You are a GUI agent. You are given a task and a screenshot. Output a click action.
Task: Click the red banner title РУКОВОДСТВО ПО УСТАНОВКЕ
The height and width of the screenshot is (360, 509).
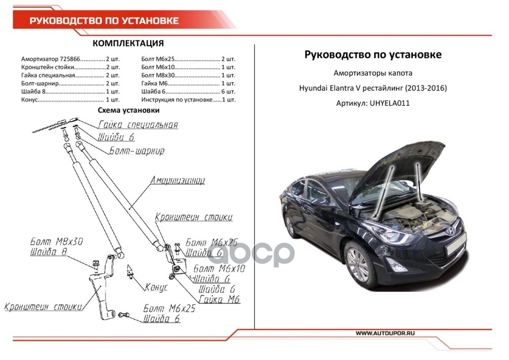pos(104,21)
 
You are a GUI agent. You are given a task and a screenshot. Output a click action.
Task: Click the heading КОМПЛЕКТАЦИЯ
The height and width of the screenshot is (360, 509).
pos(128,44)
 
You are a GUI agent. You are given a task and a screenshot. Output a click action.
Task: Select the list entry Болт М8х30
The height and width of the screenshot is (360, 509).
pos(157,75)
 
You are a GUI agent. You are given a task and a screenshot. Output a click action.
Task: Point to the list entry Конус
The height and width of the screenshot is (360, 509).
pos(29,99)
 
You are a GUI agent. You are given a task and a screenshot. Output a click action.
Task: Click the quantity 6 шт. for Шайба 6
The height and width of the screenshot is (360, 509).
pos(228,91)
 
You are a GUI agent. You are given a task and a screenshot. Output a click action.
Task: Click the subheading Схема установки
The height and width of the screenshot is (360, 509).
pos(129,110)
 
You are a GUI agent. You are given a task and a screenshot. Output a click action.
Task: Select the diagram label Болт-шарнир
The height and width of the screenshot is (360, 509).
pos(137,151)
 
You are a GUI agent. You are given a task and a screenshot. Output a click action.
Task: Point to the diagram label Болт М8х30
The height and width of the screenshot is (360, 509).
pos(57,241)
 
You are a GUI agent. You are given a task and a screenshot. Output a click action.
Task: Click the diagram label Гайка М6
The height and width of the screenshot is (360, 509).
pos(219,300)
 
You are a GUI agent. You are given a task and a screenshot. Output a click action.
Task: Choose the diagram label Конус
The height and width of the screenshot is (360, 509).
pos(156,287)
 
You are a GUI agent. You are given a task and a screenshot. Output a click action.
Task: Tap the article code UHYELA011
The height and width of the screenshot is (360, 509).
pos(389,103)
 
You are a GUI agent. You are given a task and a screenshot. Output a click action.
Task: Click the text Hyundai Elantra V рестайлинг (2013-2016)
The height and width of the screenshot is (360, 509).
pos(373,88)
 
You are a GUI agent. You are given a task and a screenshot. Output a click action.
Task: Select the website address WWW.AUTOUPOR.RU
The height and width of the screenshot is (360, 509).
pos(385,333)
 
